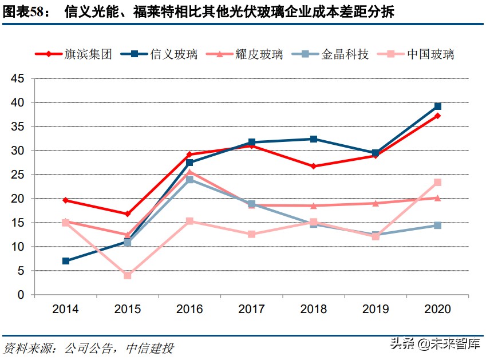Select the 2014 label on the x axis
(x=65, y=310)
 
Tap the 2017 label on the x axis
(x=251, y=310)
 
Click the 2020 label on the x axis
(x=437, y=310)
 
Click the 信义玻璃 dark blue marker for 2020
(x=438, y=106)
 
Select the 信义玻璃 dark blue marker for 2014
(x=66, y=261)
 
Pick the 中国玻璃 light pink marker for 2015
(x=128, y=275)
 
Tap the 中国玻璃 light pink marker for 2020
(x=438, y=183)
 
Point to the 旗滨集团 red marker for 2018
(x=314, y=167)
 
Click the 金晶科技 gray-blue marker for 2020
(x=438, y=226)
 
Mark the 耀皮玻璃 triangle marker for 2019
(x=376, y=203)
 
